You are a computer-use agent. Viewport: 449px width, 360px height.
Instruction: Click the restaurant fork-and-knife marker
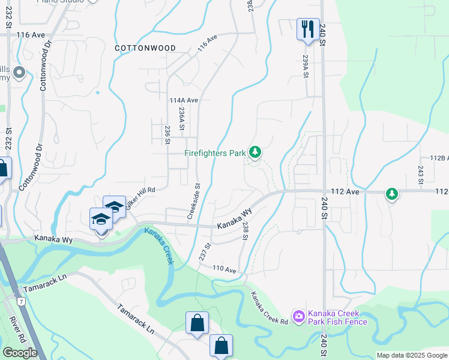click(x=307, y=28)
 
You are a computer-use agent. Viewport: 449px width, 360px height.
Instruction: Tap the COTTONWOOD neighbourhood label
click(x=145, y=48)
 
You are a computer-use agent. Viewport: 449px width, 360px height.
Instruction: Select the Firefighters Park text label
click(x=214, y=154)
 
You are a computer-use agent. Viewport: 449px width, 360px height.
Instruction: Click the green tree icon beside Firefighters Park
click(x=255, y=152)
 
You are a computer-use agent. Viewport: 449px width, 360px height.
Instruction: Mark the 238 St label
click(x=245, y=230)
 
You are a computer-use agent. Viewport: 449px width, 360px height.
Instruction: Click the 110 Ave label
click(x=224, y=269)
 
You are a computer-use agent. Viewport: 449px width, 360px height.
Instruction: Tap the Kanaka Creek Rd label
click(x=269, y=308)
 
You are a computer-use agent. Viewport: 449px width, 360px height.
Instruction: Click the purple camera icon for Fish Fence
click(x=298, y=316)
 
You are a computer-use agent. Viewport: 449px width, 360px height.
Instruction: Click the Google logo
click(x=20, y=353)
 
